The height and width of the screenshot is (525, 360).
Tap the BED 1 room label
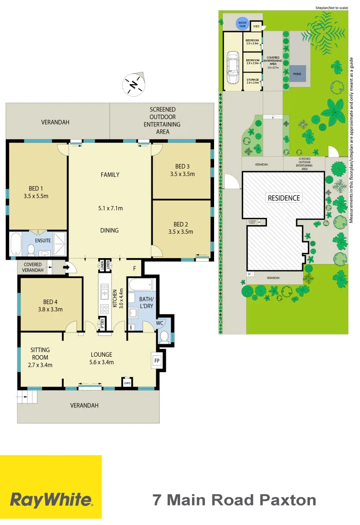click(x=36, y=189)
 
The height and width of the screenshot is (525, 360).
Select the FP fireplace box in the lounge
click(x=157, y=361)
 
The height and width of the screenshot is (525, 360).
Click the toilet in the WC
click(x=164, y=336)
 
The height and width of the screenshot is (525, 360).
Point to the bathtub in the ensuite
click(x=15, y=244)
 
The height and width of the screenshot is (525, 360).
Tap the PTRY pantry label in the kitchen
click(x=103, y=323)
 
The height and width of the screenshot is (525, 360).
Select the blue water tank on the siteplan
click(x=242, y=23)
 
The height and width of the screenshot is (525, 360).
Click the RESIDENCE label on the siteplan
click(x=284, y=198)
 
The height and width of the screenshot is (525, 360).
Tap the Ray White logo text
click(x=51, y=499)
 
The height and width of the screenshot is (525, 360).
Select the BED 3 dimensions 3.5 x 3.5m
click(x=182, y=174)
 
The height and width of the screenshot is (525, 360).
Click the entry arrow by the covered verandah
click(x=68, y=266)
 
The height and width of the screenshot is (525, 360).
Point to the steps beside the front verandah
click(x=27, y=397)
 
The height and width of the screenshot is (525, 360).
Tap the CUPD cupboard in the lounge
click(x=127, y=382)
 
